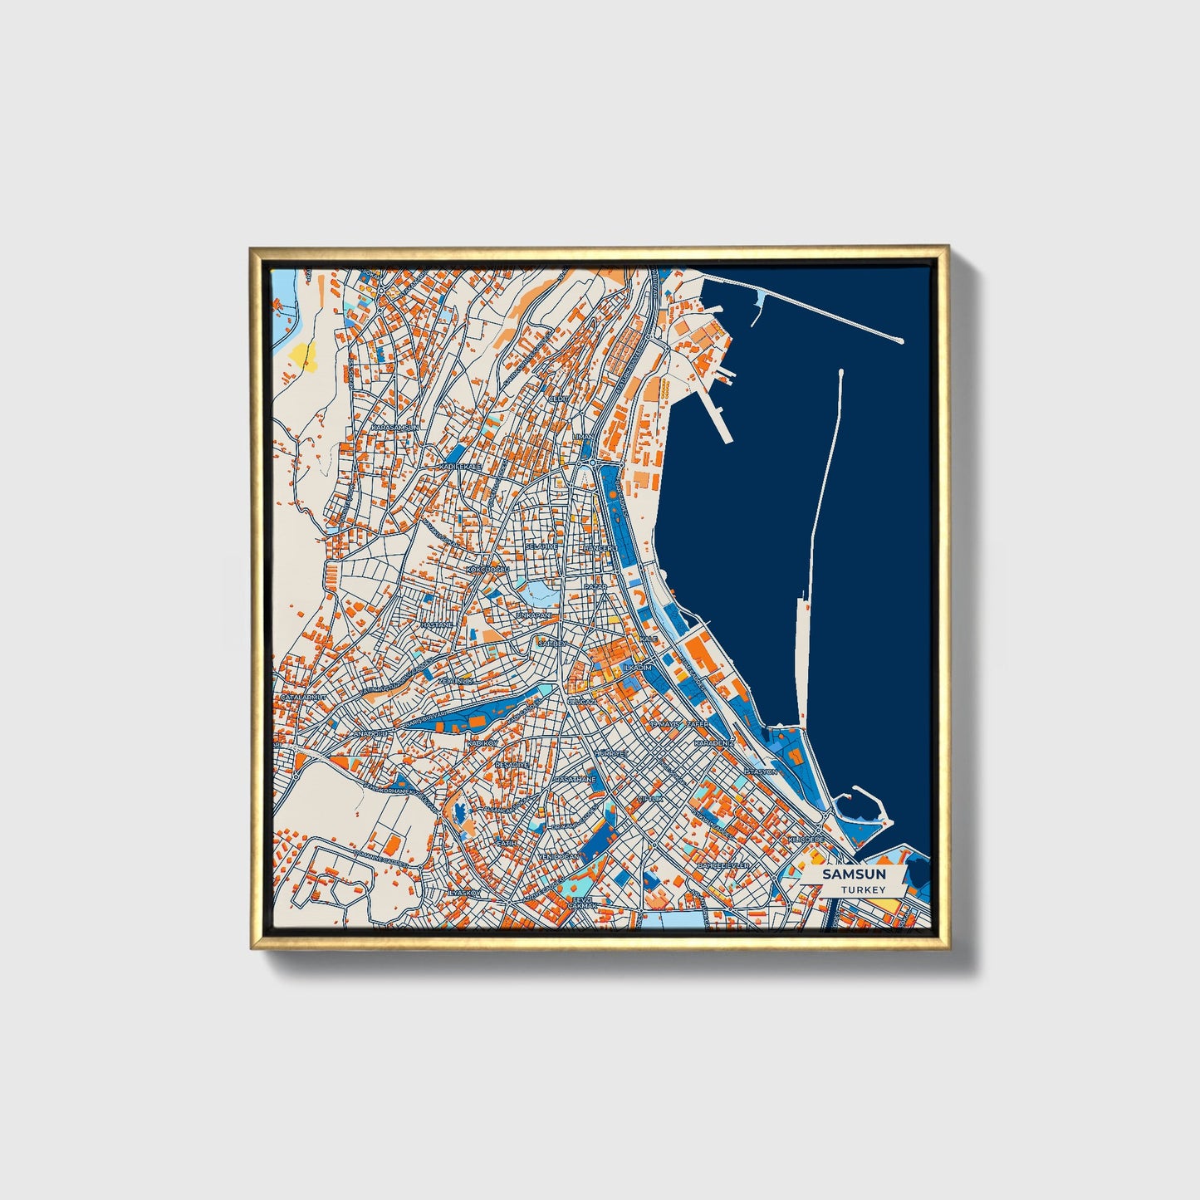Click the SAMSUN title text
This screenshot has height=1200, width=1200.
[x=854, y=874]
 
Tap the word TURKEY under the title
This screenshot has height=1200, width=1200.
[x=863, y=889]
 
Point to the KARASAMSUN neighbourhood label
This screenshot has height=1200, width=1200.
[x=396, y=427]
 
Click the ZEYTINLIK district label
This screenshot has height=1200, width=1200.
[x=455, y=680]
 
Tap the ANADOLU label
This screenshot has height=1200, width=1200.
[x=371, y=734]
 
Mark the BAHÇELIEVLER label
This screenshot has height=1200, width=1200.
[x=723, y=865]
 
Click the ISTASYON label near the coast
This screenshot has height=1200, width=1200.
[x=760, y=771]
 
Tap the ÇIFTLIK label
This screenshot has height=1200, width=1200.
[x=650, y=798]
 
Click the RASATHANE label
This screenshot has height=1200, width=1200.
[x=576, y=780]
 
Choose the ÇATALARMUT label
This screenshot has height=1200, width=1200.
[x=303, y=698]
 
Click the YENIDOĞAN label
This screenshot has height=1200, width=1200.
[x=557, y=856]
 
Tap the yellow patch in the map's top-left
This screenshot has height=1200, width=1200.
[x=302, y=354]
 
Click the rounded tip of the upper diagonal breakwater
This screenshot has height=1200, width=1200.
[x=901, y=340]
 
